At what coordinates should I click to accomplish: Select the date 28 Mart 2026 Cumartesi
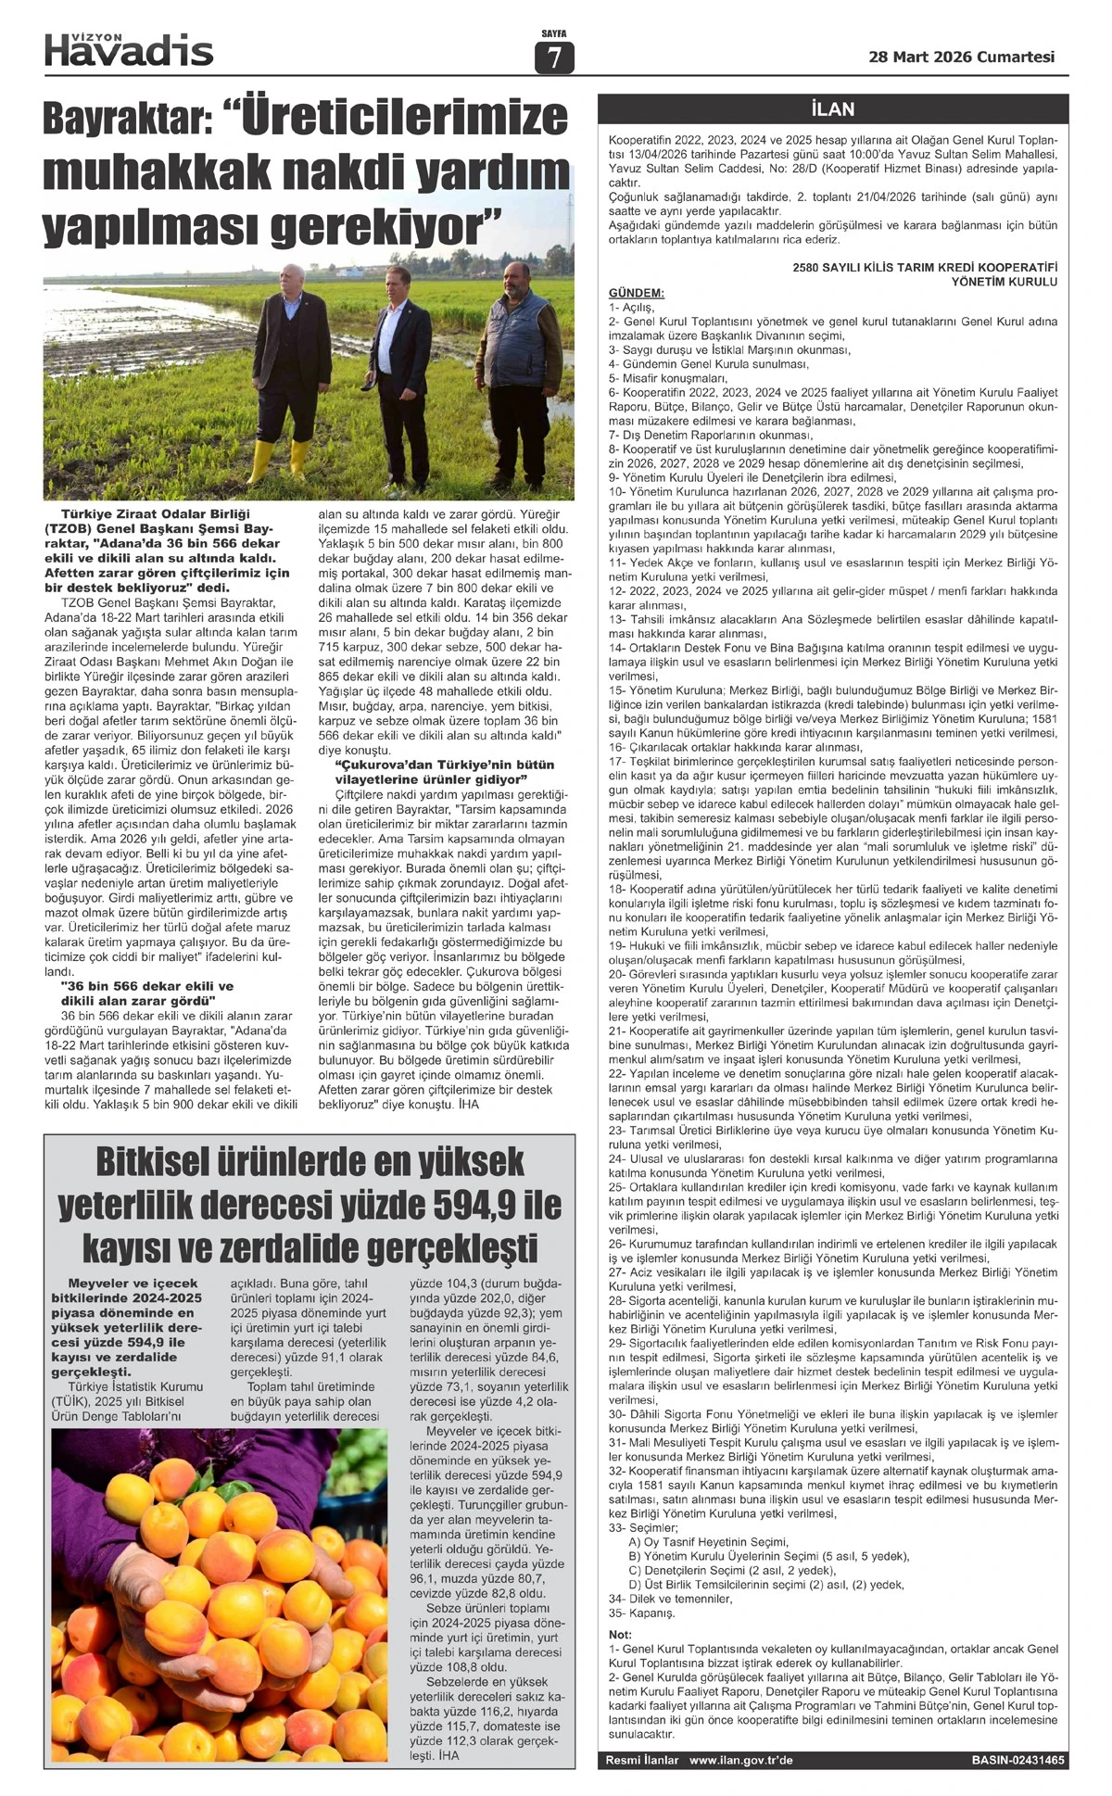tap(961, 57)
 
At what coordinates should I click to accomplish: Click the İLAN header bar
tap(832, 109)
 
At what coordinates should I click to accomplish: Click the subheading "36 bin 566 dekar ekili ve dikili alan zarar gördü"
tap(146, 993)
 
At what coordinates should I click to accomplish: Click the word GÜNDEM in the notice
tap(636, 293)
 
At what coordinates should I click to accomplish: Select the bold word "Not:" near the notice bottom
tap(620, 1634)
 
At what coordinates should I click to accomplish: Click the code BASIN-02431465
tap(1017, 1760)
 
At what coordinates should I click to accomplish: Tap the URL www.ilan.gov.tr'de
tap(741, 1760)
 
